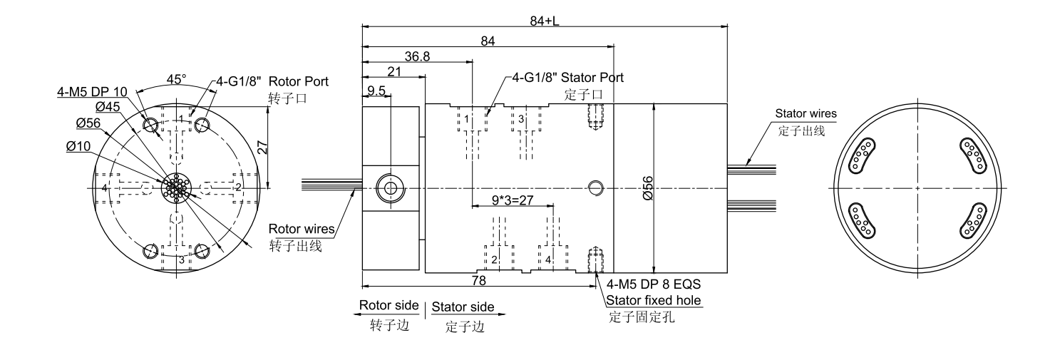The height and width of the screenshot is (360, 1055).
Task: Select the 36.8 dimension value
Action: (416, 56)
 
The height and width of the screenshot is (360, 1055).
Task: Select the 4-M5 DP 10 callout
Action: (93, 91)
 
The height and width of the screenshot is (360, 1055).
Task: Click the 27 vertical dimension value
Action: (262, 147)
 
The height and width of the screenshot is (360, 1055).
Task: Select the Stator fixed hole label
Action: (654, 299)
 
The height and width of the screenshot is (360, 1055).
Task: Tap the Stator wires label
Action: (805, 114)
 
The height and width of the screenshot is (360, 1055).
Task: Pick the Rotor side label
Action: (388, 305)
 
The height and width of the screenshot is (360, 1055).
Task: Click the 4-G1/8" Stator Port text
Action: (567, 77)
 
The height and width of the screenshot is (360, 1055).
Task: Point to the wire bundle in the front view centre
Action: (175, 187)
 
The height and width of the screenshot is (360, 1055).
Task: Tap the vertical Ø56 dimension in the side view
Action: (647, 187)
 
